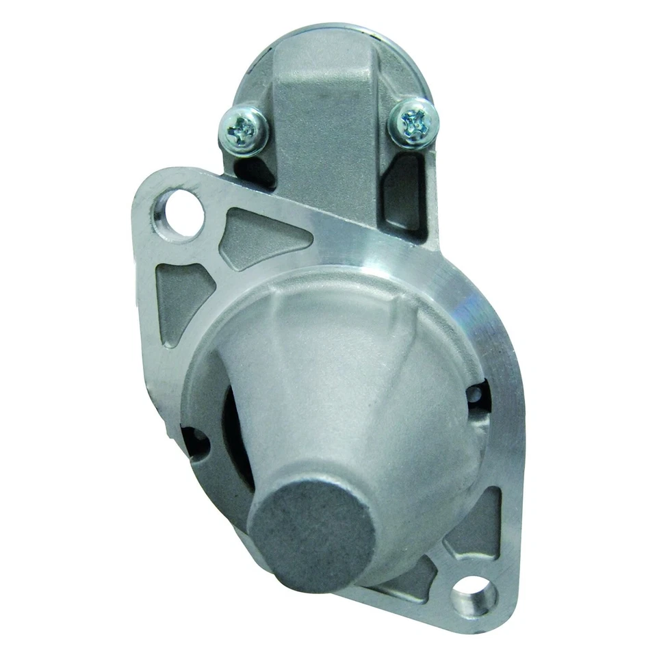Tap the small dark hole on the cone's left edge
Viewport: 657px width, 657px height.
coord(194,441)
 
